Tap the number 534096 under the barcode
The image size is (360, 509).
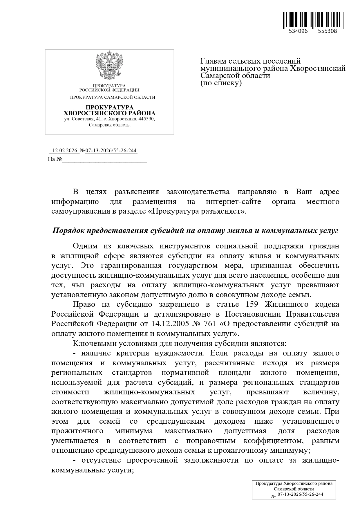click(x=298, y=31)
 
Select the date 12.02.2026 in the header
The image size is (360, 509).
click(x=64, y=151)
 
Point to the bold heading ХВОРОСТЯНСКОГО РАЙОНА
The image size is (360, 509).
click(x=109, y=113)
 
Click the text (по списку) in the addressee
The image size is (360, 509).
click(x=221, y=83)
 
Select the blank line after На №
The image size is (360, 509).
click(x=104, y=160)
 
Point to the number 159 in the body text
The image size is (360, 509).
click(x=252, y=304)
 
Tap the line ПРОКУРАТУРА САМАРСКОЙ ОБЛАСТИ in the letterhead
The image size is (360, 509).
click(x=113, y=98)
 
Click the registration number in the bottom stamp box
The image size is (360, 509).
click(x=300, y=494)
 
